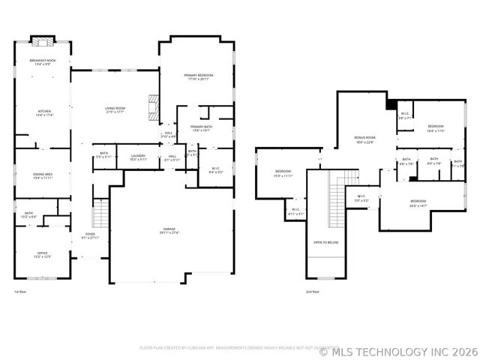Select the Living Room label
tap(115, 109)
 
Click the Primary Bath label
tap(201, 127)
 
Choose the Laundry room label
tap(138, 155)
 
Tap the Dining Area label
tap(42, 174)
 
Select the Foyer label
tap(90, 234)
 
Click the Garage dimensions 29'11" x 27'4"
tap(169, 232)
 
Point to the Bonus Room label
tap(365, 138)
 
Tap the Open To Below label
tap(325, 242)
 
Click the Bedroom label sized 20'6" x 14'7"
tap(418, 201)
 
